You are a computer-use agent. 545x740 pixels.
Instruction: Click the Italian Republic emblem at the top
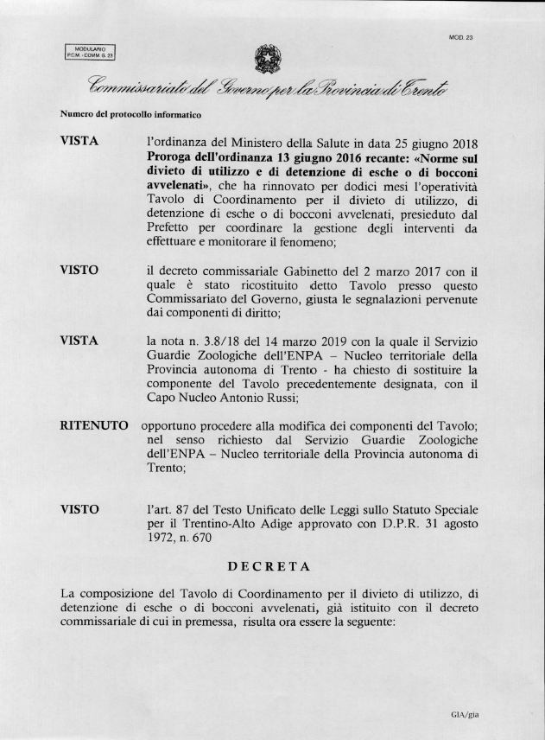coord(261,58)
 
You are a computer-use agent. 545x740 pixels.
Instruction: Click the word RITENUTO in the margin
coord(94,426)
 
